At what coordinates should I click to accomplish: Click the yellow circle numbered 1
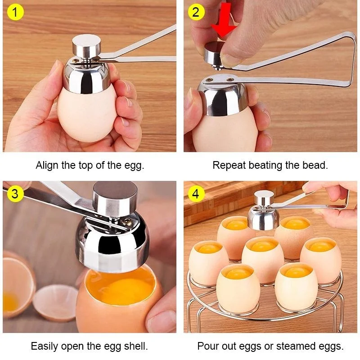(15, 12)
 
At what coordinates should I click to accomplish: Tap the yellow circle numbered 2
(196, 12)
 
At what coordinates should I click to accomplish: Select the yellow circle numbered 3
(15, 193)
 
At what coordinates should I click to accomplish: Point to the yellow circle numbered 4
(196, 193)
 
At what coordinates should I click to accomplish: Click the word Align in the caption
(47, 166)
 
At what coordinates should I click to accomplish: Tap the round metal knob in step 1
(86, 46)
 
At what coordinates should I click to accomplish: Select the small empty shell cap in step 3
(55, 302)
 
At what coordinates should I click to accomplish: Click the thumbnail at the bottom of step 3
(160, 321)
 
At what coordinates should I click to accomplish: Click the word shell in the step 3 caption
(135, 346)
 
